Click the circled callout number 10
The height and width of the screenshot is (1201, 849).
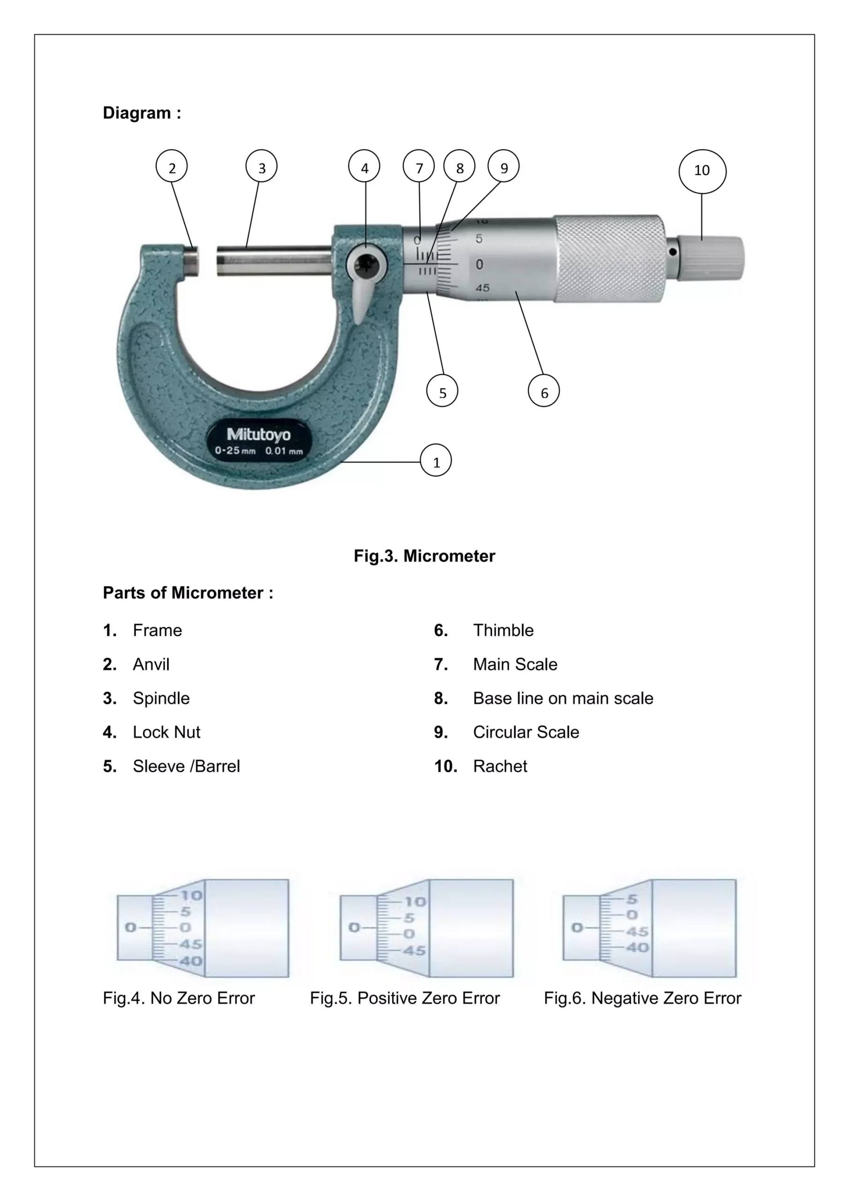point(702,170)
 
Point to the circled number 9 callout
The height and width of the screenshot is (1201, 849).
point(503,167)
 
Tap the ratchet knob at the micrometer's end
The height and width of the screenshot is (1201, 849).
point(710,258)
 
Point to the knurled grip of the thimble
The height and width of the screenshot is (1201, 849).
point(609,258)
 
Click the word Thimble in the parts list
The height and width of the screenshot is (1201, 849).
point(503,631)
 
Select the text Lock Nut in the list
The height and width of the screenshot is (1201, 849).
point(166,732)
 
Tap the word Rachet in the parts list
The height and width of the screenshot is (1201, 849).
point(500,766)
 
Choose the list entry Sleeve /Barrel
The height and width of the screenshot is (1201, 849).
point(186,766)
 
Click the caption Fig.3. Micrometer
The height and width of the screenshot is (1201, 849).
point(424,555)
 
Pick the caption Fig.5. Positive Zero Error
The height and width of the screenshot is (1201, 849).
point(404,998)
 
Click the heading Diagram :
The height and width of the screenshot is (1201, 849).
point(142,113)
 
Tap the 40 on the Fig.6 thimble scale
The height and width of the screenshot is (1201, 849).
point(637,948)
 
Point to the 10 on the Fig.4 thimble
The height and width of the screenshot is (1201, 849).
point(191,896)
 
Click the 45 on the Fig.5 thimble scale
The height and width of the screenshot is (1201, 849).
point(414,951)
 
